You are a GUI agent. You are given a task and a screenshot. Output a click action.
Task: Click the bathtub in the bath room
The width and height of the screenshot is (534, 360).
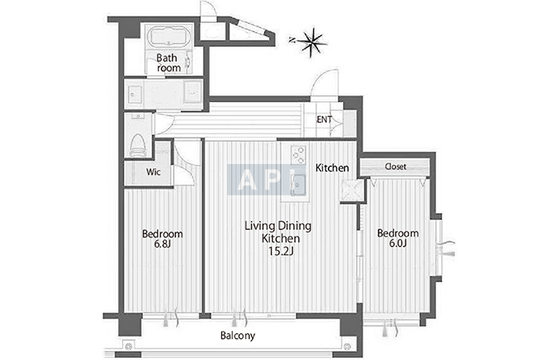[169, 36]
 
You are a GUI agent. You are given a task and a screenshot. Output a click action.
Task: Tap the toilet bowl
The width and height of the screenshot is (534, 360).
[138, 145]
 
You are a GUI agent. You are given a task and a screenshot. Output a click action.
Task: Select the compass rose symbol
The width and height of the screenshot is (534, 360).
[311, 42]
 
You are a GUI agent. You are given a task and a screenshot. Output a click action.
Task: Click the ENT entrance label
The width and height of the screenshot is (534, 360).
[324, 119]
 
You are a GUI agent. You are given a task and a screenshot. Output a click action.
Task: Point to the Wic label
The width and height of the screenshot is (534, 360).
[153, 172]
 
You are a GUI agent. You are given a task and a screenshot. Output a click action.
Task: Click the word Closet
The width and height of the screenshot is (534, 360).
[396, 166]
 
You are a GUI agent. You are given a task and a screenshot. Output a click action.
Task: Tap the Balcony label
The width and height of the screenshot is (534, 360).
[238, 336]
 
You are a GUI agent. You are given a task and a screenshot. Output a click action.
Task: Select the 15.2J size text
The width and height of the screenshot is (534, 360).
[281, 251]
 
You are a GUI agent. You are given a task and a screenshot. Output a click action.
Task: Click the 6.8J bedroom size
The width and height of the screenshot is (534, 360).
[162, 244]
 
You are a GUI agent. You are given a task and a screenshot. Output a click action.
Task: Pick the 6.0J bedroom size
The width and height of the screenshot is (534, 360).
[398, 244]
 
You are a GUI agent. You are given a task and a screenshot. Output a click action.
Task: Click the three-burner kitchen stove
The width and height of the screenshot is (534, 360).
[298, 155]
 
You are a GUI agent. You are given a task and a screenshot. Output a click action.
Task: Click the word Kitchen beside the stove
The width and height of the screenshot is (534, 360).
[332, 168]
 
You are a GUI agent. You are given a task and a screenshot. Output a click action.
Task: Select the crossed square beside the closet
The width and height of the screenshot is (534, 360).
[353, 191]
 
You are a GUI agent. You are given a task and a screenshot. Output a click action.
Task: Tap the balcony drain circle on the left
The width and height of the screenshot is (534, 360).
[129, 347]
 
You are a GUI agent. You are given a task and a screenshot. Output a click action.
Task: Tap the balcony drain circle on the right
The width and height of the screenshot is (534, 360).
[347, 347]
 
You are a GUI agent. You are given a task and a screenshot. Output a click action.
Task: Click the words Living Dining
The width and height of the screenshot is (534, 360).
[278, 226]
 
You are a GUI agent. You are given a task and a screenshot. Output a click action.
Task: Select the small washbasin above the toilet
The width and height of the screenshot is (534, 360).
[138, 116]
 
